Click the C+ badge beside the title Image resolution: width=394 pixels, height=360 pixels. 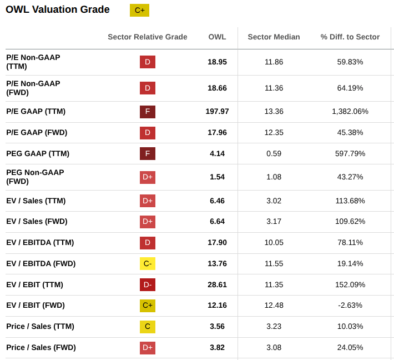click(x=139, y=10)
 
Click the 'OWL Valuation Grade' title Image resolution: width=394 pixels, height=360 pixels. click(x=58, y=9)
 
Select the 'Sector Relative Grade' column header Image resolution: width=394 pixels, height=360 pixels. click(x=147, y=37)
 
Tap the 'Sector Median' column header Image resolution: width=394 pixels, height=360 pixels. click(x=274, y=37)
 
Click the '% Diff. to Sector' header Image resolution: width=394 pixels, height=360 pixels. click(x=350, y=37)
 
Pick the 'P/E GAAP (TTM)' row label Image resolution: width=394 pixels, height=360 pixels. click(x=36, y=111)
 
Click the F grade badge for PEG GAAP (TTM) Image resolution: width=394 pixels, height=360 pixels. click(x=148, y=153)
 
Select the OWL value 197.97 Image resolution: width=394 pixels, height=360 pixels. click(x=217, y=111)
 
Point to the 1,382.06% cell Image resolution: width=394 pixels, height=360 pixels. click(x=350, y=111)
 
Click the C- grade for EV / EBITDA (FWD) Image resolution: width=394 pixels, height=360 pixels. click(x=148, y=263)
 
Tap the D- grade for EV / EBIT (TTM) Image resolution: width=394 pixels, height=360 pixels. click(x=148, y=284)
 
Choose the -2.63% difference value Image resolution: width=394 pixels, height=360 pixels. click(x=350, y=305)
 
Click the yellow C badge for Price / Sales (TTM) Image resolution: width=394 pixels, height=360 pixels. click(x=148, y=326)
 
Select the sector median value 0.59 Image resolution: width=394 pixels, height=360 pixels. click(x=274, y=153)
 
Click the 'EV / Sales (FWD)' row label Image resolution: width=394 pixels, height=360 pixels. click(x=37, y=221)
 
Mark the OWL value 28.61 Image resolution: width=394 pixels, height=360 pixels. click(x=217, y=284)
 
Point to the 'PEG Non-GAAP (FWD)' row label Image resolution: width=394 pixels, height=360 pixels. click(x=35, y=177)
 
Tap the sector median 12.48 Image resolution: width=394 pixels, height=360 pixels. click(x=274, y=305)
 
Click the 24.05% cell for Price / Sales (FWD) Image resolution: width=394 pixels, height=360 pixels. click(x=350, y=347)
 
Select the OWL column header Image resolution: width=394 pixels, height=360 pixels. click(x=217, y=37)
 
